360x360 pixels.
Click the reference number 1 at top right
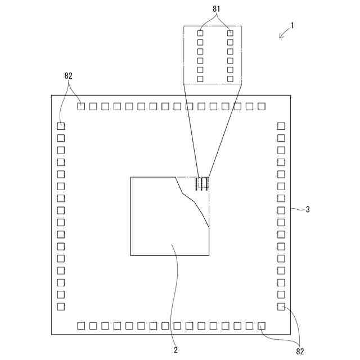(292, 25)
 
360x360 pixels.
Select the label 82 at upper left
(69, 76)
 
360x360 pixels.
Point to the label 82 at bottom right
(300, 351)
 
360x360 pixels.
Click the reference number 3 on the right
(307, 210)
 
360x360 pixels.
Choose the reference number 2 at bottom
(175, 349)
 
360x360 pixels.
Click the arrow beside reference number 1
(284, 34)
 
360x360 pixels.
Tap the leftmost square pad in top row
(81, 106)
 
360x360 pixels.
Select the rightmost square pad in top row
(261, 106)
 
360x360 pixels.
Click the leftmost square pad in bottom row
(81, 325)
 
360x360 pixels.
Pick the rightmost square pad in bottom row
(262, 325)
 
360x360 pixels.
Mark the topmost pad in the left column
(61, 126)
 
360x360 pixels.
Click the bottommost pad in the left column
(61, 307)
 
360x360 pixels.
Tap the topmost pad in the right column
(281, 126)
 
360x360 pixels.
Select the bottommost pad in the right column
(281, 307)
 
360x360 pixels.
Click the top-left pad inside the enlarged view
(200, 34)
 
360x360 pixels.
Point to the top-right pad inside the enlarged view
(230, 34)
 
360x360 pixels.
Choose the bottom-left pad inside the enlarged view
(200, 79)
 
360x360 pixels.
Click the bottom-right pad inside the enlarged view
(230, 79)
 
